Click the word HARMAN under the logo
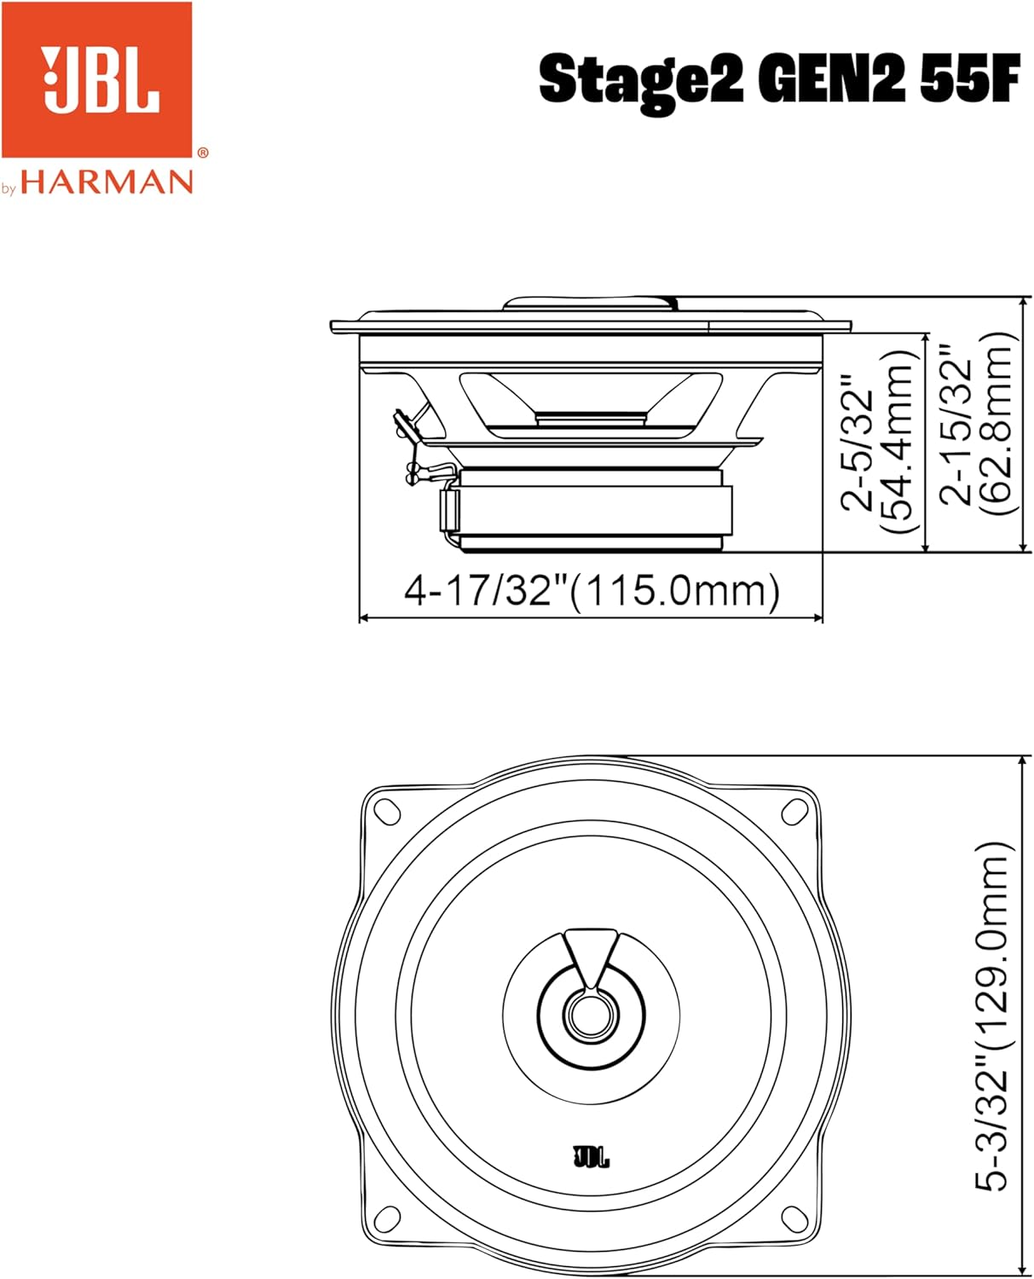107,182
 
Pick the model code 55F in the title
971,79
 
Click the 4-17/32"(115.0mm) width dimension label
592,590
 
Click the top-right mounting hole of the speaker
795,810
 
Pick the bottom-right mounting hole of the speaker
795,1219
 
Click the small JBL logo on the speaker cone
591,1157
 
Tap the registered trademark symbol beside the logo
202,153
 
